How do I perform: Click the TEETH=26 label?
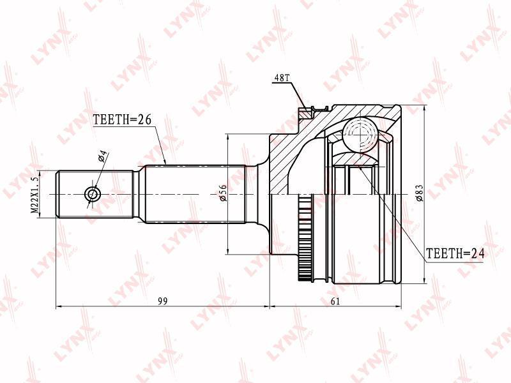coord(122,120)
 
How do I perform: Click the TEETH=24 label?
coord(455,253)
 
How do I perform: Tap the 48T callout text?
coord(282,78)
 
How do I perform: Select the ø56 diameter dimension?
coord(223,193)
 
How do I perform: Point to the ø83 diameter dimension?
coord(420,193)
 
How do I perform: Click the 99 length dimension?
coord(163,301)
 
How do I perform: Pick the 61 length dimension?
coord(335,301)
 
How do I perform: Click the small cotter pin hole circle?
coord(93,195)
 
